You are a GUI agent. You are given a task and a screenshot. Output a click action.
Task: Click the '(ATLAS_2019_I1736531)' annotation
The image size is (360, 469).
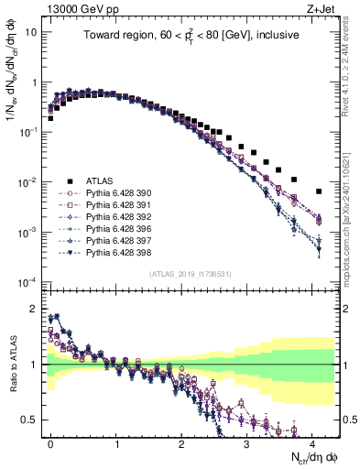pos(191,274)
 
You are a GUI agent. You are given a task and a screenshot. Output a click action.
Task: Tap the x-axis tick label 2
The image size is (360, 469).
pos(180,442)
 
